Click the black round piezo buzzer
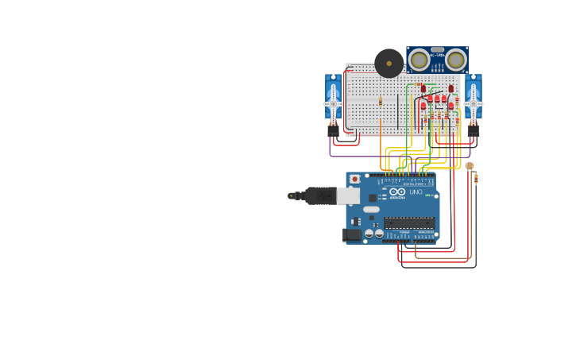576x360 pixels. [389, 63]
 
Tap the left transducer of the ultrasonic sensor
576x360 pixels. [419, 59]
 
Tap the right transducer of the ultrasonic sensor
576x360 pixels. [455, 59]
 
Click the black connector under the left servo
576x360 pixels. [333, 131]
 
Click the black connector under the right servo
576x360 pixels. [474, 131]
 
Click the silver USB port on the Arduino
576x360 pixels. [348, 195]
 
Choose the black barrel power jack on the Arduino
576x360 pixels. [351, 234]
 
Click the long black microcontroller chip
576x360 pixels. [409, 223]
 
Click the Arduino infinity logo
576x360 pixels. [396, 192]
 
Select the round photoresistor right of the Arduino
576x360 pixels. [470, 166]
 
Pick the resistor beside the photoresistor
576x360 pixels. [476, 179]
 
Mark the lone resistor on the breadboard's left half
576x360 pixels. [381, 101]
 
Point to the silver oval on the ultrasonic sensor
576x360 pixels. [438, 50]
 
